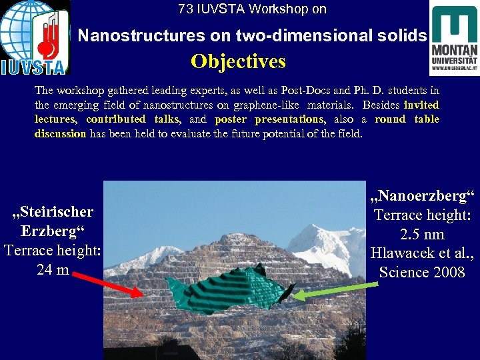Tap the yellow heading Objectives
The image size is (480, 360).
pos(238,62)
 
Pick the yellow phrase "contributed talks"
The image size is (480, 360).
pos(133,119)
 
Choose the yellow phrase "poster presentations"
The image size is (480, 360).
pos(269,119)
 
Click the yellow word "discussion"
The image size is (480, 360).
pos(60,134)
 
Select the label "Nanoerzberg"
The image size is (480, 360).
pos(421,197)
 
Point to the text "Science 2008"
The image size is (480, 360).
pos(421,272)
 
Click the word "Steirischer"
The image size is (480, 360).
pos(53,212)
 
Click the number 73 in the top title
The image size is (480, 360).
pos(185,9)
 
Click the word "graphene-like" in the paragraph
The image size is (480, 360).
pos(268,105)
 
